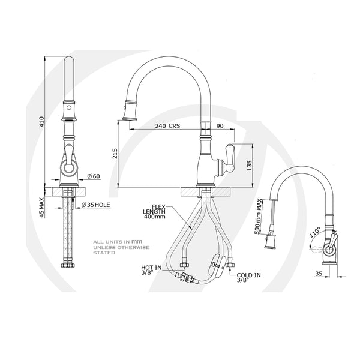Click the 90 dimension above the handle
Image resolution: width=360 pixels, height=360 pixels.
[x=220, y=127]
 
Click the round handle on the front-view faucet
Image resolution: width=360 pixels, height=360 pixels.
[x=70, y=170]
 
